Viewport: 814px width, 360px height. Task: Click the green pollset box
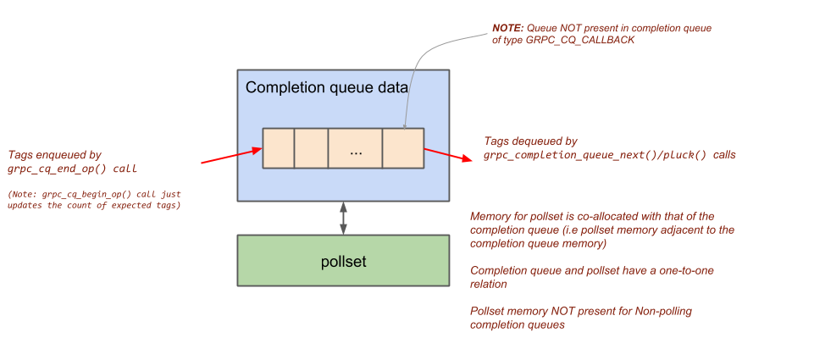pyautogui.click(x=343, y=261)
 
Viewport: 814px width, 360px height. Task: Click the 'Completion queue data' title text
pyautogui.click(x=327, y=87)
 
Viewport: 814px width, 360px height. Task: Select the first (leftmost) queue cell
pyautogui.click(x=278, y=148)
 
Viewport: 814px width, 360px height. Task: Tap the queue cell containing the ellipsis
pyautogui.click(x=355, y=148)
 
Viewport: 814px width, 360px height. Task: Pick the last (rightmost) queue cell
pyautogui.click(x=402, y=148)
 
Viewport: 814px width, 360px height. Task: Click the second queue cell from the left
pyautogui.click(x=311, y=148)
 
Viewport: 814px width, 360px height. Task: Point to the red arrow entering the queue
pyautogui.click(x=231, y=156)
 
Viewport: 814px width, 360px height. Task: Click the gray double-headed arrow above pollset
pyautogui.click(x=343, y=218)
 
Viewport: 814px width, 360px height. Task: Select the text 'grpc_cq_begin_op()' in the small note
pyautogui.click(x=71, y=194)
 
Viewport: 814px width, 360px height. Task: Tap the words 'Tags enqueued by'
pyautogui.click(x=54, y=155)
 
